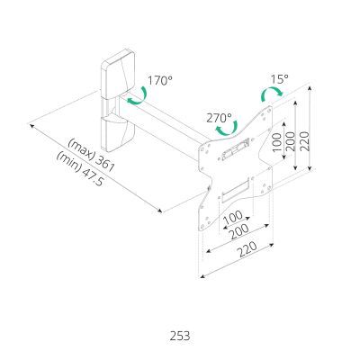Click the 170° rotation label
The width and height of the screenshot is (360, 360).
pos(160,80)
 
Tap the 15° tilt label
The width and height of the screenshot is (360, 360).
pos(279,79)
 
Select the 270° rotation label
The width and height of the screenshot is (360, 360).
pos(219,118)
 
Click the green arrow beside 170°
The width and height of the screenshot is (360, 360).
pos(137,95)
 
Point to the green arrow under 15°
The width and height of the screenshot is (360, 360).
pos(272,94)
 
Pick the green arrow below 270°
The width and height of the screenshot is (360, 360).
pos(227,129)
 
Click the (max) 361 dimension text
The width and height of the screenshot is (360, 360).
pos(92,155)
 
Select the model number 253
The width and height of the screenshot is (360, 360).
pos(180,336)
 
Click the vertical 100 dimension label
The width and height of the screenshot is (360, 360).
pos(277,142)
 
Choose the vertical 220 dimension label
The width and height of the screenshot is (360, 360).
pos(304,141)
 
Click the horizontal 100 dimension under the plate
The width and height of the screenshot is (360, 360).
pos(233,218)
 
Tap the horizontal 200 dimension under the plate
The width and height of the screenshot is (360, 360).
pos(239,231)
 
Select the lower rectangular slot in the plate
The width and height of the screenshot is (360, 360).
pos(236,189)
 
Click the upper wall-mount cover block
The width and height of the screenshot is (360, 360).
pos(118,75)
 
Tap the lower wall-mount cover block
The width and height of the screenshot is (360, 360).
pos(118,133)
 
